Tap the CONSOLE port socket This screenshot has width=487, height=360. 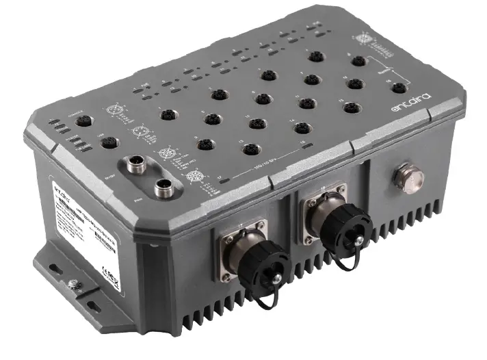[x=83, y=121]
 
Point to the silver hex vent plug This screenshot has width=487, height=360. [x=409, y=179]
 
